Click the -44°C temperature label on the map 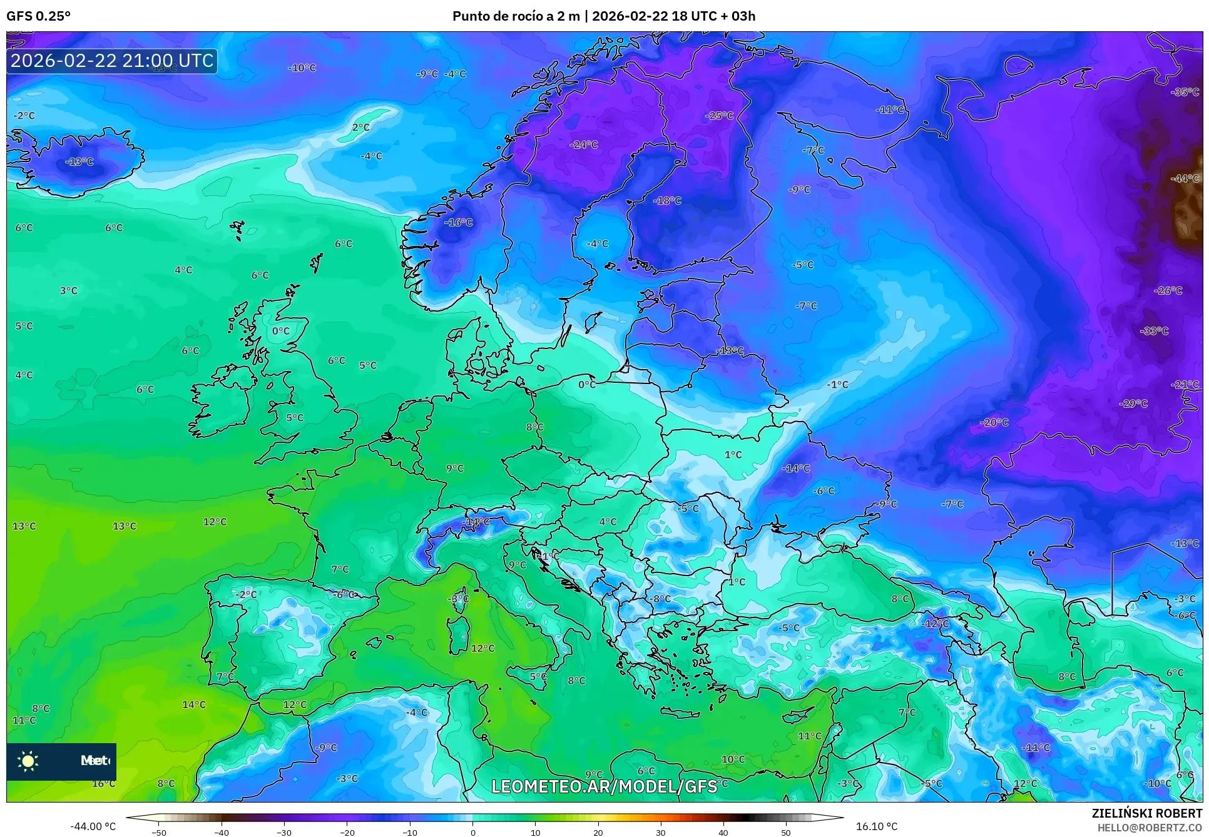coord(1185,178)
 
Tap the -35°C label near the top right coord(1185,92)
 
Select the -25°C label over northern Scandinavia coord(719,116)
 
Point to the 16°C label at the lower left coord(103,783)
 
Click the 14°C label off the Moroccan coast coord(194,704)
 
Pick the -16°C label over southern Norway coord(459,222)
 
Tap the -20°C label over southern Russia coord(994,422)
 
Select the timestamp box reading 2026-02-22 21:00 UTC coord(112,61)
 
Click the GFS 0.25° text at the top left coord(38,16)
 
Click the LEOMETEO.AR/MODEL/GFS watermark coord(604,786)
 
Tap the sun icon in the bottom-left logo coord(28,761)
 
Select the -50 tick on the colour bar coord(159,833)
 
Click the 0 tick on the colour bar coord(472,833)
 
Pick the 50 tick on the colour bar coord(786,833)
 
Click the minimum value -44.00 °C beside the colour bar coord(93,826)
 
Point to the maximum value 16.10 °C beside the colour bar coord(877,826)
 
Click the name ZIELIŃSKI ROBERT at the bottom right coord(1146,813)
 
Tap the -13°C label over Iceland coord(79,161)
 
